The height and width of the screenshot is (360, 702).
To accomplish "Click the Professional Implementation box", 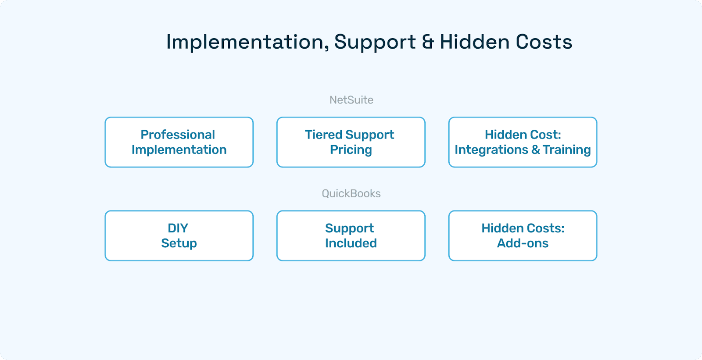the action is tap(179, 142).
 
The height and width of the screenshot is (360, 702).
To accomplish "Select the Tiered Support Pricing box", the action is tap(351, 142).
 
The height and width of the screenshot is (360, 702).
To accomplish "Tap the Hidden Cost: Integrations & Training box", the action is tap(523, 142).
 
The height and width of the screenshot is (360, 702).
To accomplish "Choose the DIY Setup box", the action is tap(179, 236).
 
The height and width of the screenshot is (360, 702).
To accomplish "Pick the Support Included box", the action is tap(351, 236).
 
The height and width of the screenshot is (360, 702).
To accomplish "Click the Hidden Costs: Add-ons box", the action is tap(523, 236).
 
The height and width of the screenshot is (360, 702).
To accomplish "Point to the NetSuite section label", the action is tap(351, 100).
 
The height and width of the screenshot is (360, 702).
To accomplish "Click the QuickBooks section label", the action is tap(351, 193).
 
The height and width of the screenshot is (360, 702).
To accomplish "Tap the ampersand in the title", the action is tap(428, 42).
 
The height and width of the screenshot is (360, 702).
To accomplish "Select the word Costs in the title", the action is tap(544, 42).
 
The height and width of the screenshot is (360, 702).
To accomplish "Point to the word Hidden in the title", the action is tap(475, 42).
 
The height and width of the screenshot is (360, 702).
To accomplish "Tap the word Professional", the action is tap(178, 135).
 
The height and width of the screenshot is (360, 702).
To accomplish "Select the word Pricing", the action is tap(351, 150).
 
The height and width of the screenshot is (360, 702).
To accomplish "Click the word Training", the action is tap(567, 150).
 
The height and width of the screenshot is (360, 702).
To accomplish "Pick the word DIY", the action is tap(178, 228).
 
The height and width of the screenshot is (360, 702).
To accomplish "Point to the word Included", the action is tap(351, 243).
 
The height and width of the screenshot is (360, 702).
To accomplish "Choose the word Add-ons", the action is tap(523, 243).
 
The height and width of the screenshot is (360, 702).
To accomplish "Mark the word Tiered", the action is tap(323, 135).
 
